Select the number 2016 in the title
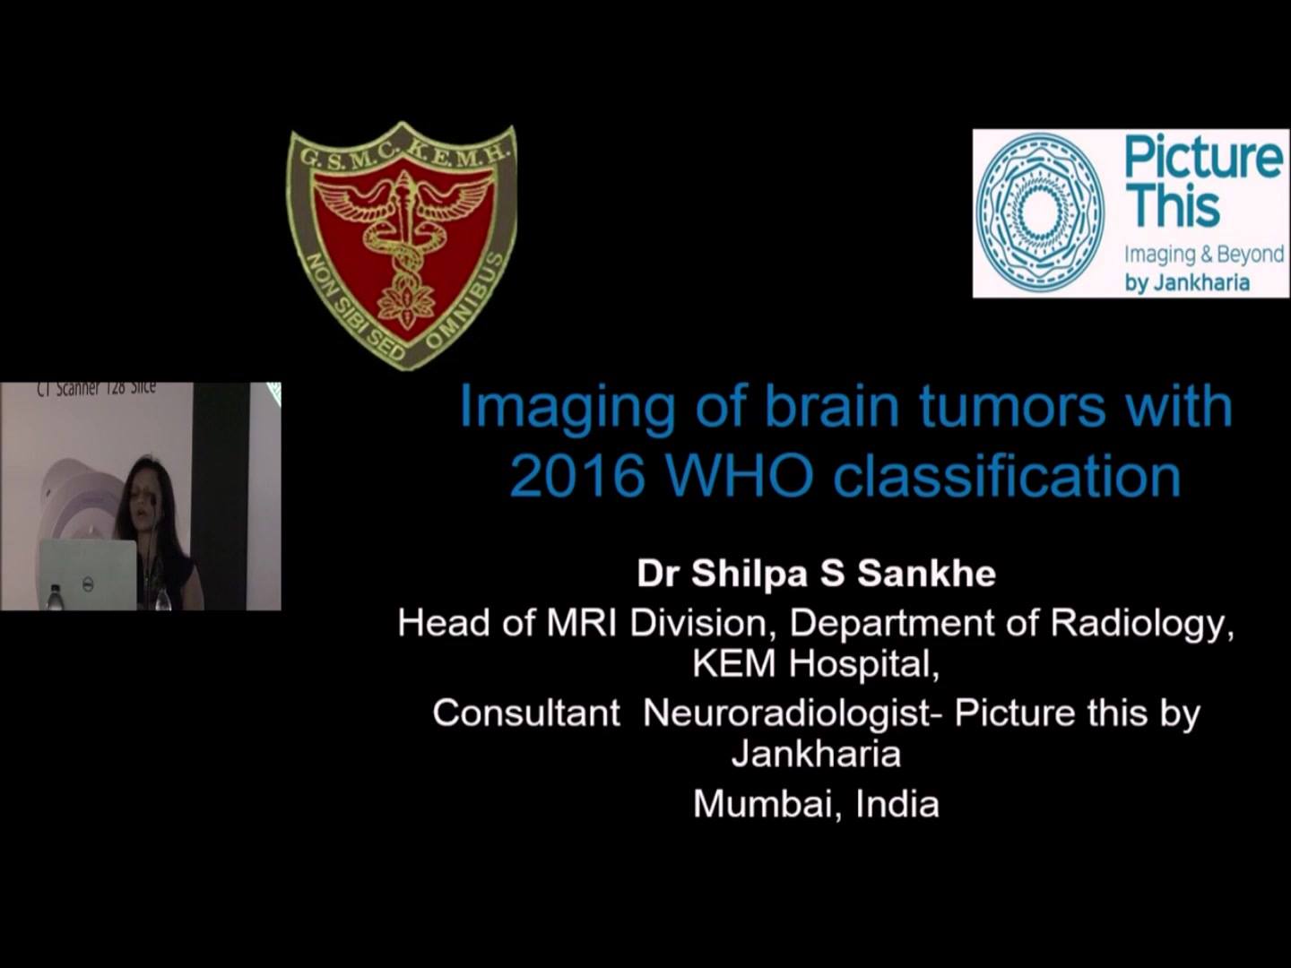[x=575, y=477]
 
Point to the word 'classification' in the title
[x=1007, y=477]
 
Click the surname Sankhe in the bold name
[x=926, y=574]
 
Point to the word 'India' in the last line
[x=897, y=804]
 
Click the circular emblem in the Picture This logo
[x=1041, y=212]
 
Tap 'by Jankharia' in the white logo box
[x=1188, y=283]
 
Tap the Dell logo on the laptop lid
[x=89, y=582]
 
